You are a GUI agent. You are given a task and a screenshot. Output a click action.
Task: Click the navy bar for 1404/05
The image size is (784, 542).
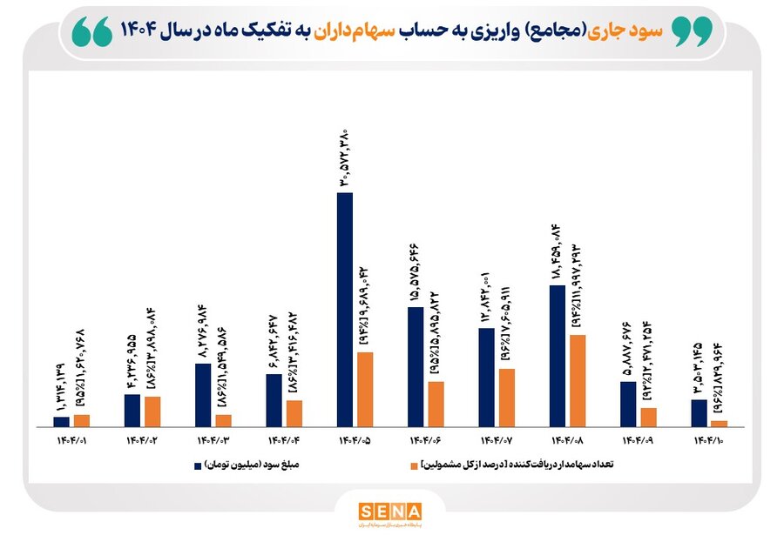pyautogui.click(x=345, y=309)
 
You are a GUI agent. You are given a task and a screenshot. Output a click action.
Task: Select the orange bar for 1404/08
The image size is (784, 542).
pyautogui.click(x=578, y=380)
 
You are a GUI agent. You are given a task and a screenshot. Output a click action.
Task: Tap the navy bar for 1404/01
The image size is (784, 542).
pyautogui.click(x=61, y=421)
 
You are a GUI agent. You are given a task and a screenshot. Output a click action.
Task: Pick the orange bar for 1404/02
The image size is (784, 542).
pyautogui.click(x=152, y=411)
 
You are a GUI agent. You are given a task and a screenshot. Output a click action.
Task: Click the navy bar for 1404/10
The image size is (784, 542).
pyautogui.click(x=699, y=412)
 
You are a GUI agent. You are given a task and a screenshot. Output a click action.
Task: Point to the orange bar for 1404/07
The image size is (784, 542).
pyautogui.click(x=507, y=397)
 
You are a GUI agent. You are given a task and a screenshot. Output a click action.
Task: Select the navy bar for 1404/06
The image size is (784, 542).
pyautogui.click(x=416, y=366)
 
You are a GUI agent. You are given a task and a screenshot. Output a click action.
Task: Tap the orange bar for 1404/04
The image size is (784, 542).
pyautogui.click(x=294, y=412)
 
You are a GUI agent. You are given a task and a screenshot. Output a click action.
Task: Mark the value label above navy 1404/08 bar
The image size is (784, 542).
pyautogui.click(x=557, y=253)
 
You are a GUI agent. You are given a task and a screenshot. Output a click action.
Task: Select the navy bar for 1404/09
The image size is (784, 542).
pyautogui.click(x=628, y=404)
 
